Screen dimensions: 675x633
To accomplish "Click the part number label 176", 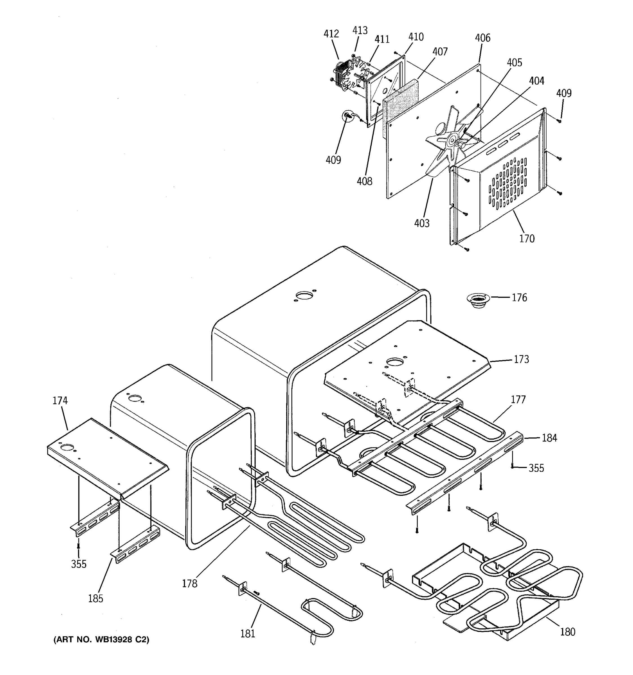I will tap(519, 298).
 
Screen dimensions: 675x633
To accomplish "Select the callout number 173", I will tap(521, 359).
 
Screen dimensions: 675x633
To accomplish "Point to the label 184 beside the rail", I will tap(549, 438).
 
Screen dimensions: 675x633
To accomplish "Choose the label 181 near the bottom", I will tap(248, 634).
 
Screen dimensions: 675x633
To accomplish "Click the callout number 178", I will tap(190, 583).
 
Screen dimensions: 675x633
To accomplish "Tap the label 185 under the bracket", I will tap(95, 598).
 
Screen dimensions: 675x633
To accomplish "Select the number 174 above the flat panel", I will tap(60, 401).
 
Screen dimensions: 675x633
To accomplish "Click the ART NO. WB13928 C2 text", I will tap(101, 640).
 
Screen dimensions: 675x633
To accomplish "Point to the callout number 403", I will tap(422, 223).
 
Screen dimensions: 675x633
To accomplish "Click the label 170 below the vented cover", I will tap(527, 239).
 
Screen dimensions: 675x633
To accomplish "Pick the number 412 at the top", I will tap(331, 34).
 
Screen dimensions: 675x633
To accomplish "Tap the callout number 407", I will tap(440, 52).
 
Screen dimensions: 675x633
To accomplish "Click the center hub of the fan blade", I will tap(452, 141).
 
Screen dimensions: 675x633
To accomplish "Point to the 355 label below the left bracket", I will tap(78, 564).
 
